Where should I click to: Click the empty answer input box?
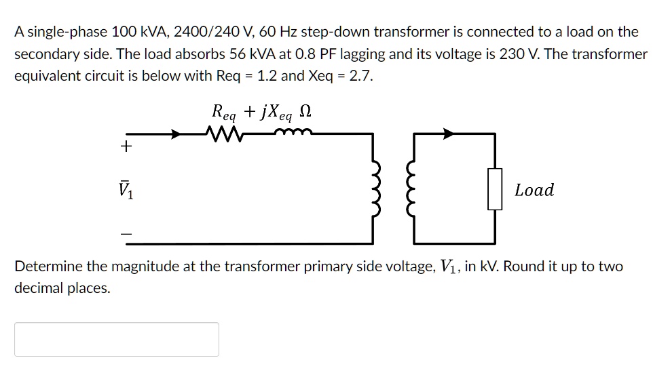pos(117,339)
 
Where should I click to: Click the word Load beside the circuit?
pos(534,191)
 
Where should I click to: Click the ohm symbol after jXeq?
pos(310,110)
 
